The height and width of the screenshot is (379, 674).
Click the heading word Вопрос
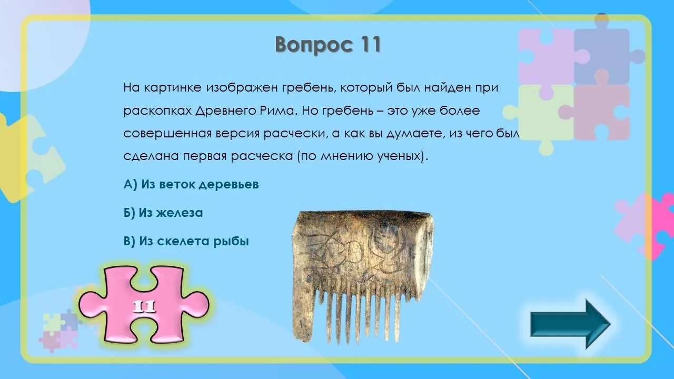[314, 45]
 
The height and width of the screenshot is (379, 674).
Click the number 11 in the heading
[370, 44]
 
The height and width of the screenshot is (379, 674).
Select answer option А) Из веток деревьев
[191, 184]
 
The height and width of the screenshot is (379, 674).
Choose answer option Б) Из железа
[163, 213]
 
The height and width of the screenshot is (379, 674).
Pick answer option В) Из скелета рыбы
[186, 241]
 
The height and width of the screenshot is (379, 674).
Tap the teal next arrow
[570, 324]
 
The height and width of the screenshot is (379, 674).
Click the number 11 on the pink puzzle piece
[144, 306]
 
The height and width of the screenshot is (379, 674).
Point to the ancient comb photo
[362, 277]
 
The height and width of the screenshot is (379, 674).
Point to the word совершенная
[167, 134]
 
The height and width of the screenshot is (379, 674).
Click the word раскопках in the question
[157, 111]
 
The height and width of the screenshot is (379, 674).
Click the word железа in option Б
[180, 213]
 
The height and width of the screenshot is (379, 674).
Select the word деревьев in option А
[229, 185]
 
